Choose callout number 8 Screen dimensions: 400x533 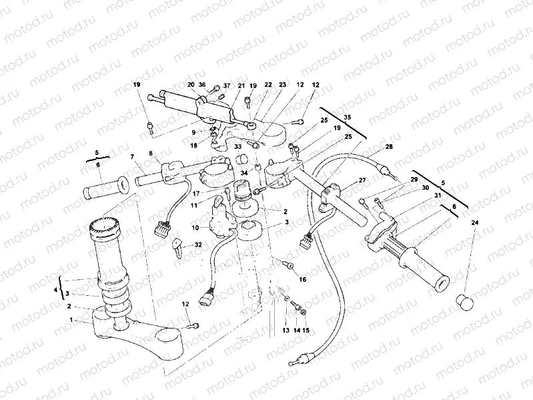point(151,154)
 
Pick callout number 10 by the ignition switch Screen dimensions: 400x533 point(196,228)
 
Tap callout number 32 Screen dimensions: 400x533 point(199,245)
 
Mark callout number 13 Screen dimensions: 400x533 point(285,330)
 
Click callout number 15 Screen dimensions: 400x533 point(307,330)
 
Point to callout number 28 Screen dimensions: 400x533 point(390,146)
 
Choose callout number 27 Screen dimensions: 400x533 point(363,180)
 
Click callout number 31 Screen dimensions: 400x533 point(438,195)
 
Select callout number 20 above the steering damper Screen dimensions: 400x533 point(190,85)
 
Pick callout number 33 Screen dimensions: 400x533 point(237,146)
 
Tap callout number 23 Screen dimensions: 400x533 point(282,85)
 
